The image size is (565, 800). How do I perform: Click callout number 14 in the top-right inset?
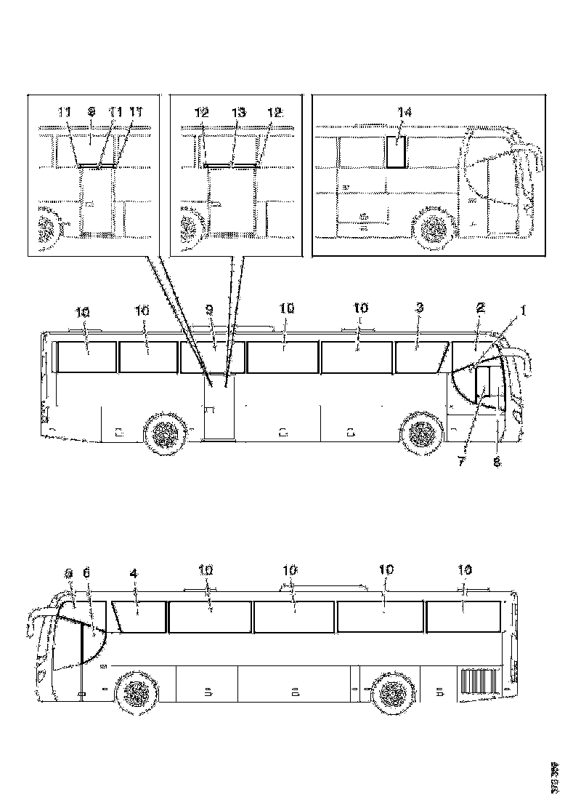[405, 113]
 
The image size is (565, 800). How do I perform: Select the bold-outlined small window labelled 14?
[396, 152]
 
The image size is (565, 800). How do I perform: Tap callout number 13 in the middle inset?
[239, 113]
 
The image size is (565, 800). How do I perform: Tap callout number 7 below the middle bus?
[460, 461]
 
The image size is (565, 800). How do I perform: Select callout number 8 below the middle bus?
[497, 461]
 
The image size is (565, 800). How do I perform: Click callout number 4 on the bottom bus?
[133, 574]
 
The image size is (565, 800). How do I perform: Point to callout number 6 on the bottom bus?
[88, 574]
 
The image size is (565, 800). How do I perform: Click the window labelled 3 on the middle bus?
[420, 357]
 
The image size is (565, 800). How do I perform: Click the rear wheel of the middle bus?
[166, 435]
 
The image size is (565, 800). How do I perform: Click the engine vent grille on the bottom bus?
[478, 682]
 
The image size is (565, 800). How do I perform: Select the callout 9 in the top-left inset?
[91, 113]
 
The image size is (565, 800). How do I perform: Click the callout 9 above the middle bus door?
[210, 310]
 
